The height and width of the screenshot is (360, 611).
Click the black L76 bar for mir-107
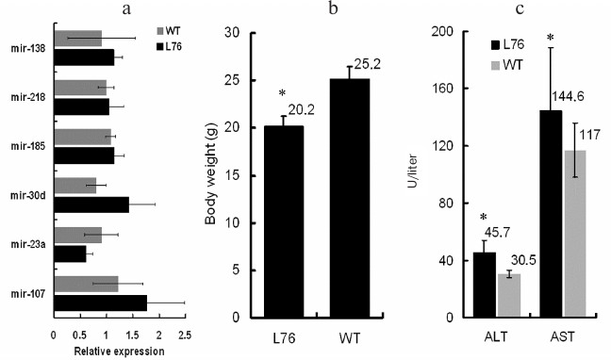(x=100, y=302)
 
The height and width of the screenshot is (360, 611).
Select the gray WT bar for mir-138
(x=77, y=39)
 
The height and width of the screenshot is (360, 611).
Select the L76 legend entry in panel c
(x=506, y=45)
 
